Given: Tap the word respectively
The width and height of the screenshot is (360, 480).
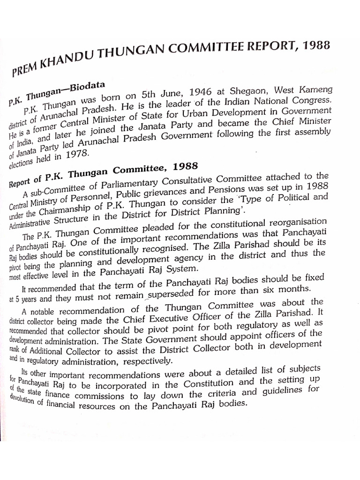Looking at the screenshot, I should pos(148,361).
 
